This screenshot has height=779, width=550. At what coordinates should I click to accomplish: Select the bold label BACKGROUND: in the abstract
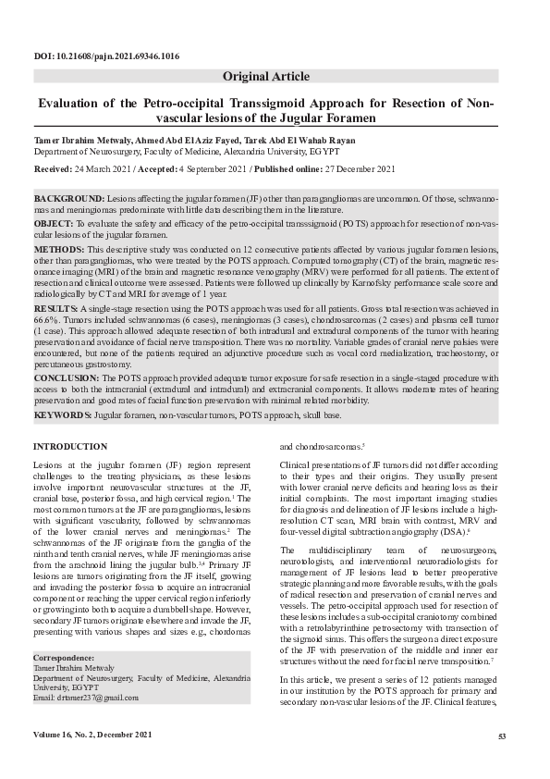[x=69, y=200]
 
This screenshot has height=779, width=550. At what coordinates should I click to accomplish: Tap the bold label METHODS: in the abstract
[x=59, y=250]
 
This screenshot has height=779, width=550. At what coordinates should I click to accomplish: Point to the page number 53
[x=503, y=736]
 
